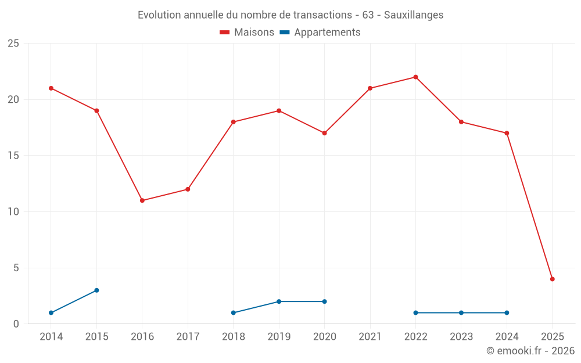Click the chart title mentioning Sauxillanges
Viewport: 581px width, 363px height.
290,15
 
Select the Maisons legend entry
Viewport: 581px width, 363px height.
247,33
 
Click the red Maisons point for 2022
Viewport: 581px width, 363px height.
415,77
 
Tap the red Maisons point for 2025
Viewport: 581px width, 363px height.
552,279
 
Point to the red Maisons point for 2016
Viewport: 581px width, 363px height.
142,200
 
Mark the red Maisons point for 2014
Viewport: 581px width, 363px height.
51,88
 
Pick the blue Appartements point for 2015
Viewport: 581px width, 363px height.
96,290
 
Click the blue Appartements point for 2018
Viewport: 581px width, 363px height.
234,312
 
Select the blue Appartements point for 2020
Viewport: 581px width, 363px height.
324,301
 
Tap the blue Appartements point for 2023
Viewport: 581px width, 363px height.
461,312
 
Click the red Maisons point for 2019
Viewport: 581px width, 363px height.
279,110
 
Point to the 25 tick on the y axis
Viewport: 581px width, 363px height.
13,44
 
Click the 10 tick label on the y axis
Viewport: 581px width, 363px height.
13,212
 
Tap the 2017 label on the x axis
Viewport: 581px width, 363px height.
188,337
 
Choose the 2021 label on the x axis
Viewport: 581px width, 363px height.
370,337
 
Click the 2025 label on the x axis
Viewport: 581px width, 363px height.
552,337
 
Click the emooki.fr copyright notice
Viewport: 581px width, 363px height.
530,351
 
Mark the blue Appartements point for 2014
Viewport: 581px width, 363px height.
51,312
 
